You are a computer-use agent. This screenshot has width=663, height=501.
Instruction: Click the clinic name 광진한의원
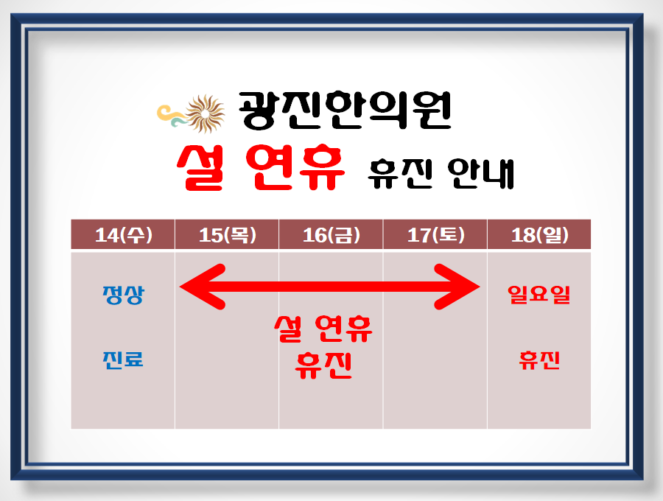[x=345, y=111]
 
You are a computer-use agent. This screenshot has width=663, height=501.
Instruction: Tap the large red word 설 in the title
[x=200, y=168]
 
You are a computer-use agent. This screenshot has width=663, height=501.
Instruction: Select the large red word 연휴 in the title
[x=295, y=168]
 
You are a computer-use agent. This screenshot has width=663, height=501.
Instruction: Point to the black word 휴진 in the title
[x=400, y=174]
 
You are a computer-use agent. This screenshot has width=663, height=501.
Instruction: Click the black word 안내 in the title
[x=481, y=174]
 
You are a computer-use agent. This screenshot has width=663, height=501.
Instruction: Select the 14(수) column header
[x=124, y=235]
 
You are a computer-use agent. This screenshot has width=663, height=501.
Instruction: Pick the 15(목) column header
[x=228, y=235]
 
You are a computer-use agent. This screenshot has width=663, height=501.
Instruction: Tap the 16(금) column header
[x=331, y=235]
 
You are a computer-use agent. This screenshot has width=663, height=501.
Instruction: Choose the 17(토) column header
[x=436, y=235]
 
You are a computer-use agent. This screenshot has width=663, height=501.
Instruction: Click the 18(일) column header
[x=540, y=235]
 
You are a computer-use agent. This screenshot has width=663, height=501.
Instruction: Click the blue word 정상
[x=124, y=295]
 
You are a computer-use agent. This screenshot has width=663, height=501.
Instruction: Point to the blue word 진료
[x=123, y=360]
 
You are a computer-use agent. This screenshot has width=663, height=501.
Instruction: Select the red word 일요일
[x=539, y=295]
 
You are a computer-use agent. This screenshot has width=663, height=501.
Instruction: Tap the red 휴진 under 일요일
[x=539, y=360]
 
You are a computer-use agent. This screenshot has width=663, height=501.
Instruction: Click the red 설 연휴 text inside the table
[x=323, y=329]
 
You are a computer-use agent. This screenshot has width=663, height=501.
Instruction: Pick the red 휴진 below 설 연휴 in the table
[x=323, y=365]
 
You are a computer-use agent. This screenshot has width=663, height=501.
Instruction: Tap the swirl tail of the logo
[x=171, y=116]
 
